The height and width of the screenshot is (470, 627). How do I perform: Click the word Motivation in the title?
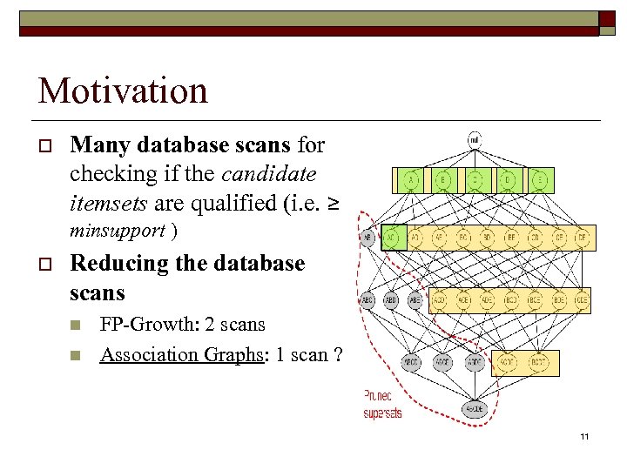pos(123,91)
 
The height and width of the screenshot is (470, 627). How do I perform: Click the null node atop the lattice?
pos(474,139)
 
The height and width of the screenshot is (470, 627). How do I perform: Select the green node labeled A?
pos(410,180)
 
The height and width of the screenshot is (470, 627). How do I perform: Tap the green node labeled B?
pos(443,180)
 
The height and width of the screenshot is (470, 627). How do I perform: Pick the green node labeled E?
pos(540,180)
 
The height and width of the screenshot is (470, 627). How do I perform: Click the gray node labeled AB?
pos(367,237)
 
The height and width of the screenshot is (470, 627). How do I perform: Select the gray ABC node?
pos(367,300)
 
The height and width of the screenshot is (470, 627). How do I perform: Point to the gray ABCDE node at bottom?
pos(475,407)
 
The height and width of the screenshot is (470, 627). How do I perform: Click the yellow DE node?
pos(581,237)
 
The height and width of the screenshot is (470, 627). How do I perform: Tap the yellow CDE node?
pos(578,300)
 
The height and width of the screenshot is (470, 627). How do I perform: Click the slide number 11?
pos(584,435)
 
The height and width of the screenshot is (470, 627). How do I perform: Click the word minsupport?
pos(118,231)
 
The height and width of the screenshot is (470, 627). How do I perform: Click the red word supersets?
pos(383,413)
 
